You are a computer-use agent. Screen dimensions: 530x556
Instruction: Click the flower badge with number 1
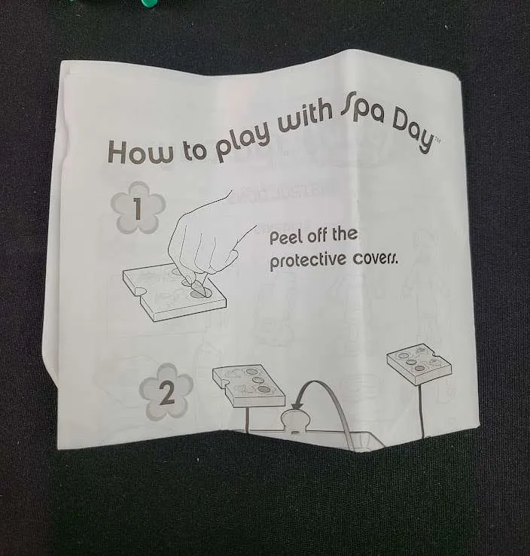[138, 208]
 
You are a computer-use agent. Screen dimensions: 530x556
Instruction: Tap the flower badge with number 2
[166, 392]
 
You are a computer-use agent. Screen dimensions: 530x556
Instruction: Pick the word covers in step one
[375, 260]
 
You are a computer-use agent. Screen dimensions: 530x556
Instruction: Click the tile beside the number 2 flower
[248, 384]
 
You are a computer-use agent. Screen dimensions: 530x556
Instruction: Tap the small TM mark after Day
[437, 141]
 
